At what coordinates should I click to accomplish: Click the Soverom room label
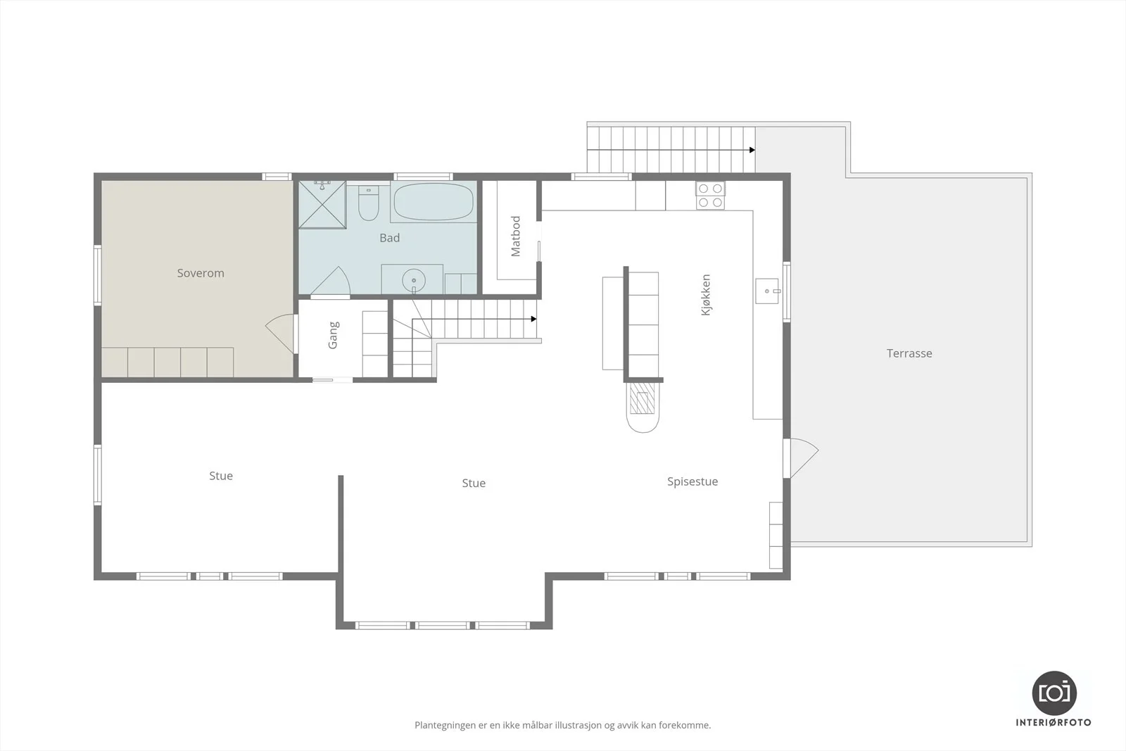tap(201, 273)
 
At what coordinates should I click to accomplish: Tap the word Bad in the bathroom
tap(390, 238)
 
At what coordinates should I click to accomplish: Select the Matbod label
tap(516, 236)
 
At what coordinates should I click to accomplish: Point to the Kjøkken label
tap(706, 295)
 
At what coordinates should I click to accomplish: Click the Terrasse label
tap(909, 353)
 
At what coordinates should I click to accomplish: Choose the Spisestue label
tap(692, 481)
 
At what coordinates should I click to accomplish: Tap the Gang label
tap(334, 335)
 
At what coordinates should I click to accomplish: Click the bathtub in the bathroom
tap(434, 202)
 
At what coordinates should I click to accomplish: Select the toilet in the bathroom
tap(369, 203)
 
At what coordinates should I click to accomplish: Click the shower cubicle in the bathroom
tap(322, 205)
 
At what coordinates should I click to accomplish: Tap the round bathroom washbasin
tap(414, 281)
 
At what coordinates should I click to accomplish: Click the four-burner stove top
tap(710, 196)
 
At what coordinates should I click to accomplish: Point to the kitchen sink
tap(767, 291)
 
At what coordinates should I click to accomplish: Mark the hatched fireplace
tap(643, 398)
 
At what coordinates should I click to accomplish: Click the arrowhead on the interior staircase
tap(534, 320)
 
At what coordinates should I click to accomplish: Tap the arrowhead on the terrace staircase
tap(752, 151)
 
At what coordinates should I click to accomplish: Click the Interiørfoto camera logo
tap(1054, 693)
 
